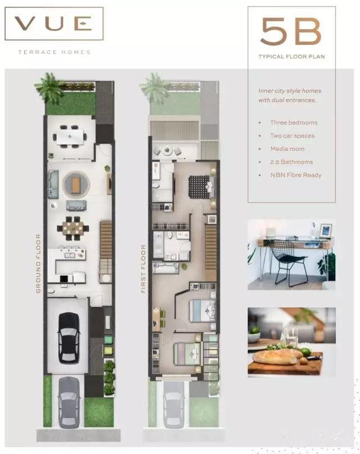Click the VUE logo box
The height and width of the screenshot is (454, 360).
click(x=54, y=24)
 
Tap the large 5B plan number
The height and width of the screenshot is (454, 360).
click(x=291, y=32)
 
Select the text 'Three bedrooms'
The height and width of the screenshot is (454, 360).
click(x=294, y=123)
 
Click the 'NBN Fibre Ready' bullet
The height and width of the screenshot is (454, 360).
click(x=296, y=175)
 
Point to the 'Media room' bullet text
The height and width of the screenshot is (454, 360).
click(x=287, y=149)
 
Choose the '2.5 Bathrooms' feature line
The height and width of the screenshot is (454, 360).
click(x=291, y=162)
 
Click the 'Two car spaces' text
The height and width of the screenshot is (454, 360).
click(x=292, y=136)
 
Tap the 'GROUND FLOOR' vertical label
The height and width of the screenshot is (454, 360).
click(x=38, y=263)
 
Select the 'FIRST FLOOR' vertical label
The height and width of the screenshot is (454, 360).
click(x=143, y=269)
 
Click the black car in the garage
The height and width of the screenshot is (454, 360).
click(x=69, y=338)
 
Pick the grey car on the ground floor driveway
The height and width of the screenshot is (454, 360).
click(x=69, y=402)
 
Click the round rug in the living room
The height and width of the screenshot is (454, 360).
click(x=76, y=185)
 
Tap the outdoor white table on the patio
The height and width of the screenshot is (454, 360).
click(x=70, y=137)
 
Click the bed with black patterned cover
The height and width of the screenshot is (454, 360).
click(x=202, y=187)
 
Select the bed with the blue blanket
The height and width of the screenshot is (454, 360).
click(x=202, y=311)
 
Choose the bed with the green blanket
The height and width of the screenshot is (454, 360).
click(x=187, y=354)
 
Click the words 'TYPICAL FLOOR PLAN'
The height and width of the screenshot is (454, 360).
click(x=291, y=57)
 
